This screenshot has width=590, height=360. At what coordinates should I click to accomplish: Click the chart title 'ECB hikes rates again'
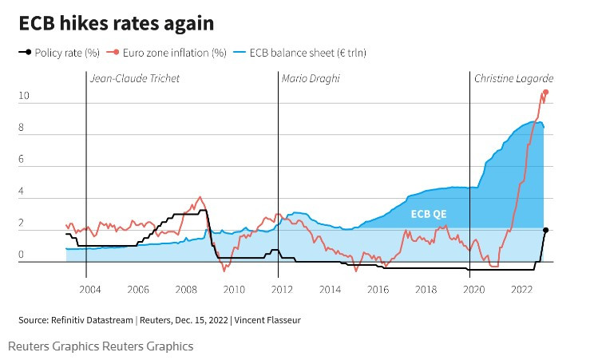point(117,23)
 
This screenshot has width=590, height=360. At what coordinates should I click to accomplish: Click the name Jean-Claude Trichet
point(135,78)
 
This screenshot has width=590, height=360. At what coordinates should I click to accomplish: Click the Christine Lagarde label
point(513,78)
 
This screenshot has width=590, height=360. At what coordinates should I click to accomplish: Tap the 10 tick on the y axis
point(24,96)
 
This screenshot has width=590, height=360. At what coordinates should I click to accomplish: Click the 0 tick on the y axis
point(22,256)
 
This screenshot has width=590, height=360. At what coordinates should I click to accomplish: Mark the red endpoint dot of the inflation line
point(546,93)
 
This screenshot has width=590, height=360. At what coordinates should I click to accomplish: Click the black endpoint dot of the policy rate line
point(545,230)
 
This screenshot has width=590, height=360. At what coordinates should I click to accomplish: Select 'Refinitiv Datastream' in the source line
point(93,320)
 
